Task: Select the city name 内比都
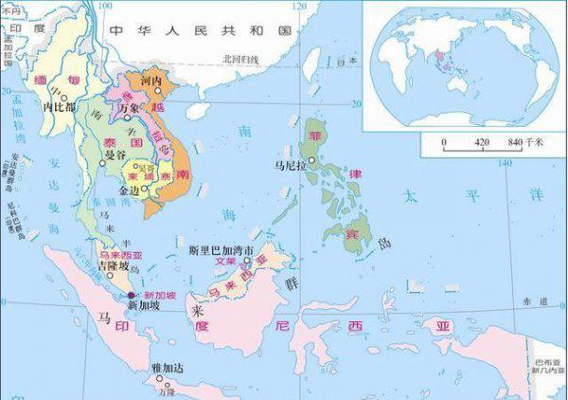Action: [59, 107]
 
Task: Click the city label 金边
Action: [129, 191]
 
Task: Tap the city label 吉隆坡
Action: [112, 266]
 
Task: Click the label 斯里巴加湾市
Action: [220, 249]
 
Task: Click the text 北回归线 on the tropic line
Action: [240, 59]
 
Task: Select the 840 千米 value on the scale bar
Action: [524, 141]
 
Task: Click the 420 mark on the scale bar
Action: [481, 141]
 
